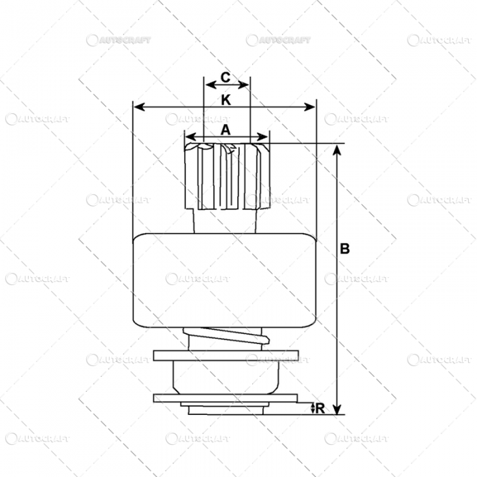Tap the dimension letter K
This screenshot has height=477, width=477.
pos(226,99)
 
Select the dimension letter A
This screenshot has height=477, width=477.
pos(226,127)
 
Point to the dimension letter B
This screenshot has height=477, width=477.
pos(345,249)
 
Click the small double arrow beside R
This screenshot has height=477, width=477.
pos(313,408)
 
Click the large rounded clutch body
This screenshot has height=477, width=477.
pos(224,279)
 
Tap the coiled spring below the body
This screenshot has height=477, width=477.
pos(225,336)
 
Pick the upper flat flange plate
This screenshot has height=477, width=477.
pos(226,356)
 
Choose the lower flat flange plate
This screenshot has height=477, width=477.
pos(226,398)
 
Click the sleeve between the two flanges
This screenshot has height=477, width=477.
pos(226,377)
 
